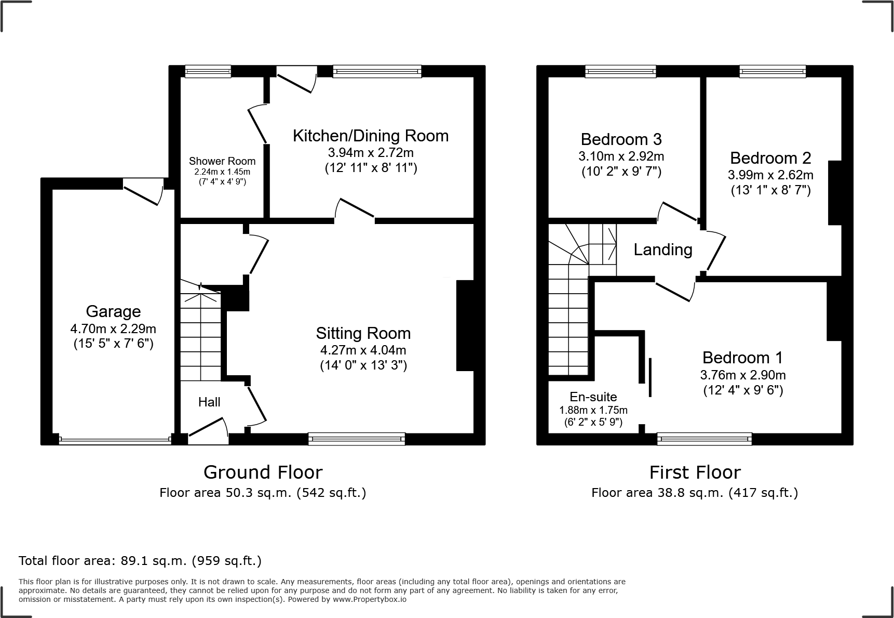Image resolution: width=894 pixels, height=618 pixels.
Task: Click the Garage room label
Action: (113, 311)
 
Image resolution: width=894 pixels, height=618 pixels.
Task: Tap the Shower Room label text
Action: (222, 161)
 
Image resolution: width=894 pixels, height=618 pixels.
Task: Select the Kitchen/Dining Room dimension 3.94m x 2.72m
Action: (371, 152)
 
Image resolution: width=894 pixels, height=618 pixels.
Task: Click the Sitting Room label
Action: (363, 333)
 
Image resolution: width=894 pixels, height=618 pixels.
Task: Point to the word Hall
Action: (209, 402)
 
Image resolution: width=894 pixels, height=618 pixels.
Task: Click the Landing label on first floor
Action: (663, 250)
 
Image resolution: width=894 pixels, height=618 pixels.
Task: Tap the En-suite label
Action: (593, 397)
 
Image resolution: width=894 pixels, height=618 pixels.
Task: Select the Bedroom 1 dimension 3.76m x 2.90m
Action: (742, 375)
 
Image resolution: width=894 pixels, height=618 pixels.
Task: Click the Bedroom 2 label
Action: (770, 158)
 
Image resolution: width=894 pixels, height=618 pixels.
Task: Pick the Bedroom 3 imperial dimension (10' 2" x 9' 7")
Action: (621, 172)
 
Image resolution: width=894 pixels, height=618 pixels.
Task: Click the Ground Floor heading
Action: (263, 472)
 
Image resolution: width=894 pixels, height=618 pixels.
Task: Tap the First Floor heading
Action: (695, 472)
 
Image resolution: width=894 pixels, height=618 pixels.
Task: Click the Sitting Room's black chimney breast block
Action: (465, 326)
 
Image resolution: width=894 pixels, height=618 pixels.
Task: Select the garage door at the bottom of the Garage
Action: (115, 440)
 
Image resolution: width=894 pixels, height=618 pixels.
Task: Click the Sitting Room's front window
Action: (357, 439)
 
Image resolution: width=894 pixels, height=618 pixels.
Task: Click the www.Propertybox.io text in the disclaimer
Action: (370, 599)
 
